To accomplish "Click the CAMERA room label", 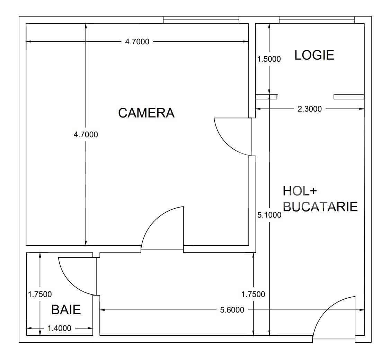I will [x=146, y=113].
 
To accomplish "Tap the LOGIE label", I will [x=314, y=55].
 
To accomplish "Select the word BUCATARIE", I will [x=320, y=207].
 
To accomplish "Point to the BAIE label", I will [x=66, y=309].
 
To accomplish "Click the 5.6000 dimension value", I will [x=232, y=310].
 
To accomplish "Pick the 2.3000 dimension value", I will [x=310, y=109].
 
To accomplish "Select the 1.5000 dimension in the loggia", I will [x=269, y=59].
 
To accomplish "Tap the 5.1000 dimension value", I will [x=269, y=215].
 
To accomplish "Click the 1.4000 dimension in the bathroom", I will [x=59, y=328].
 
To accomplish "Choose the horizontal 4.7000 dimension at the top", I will [x=137, y=42].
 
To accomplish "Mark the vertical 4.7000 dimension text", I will [x=86, y=134].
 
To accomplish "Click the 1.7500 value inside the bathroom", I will [x=40, y=294].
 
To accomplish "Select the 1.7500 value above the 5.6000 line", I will [x=253, y=294].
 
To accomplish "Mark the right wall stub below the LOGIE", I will [x=349, y=97].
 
